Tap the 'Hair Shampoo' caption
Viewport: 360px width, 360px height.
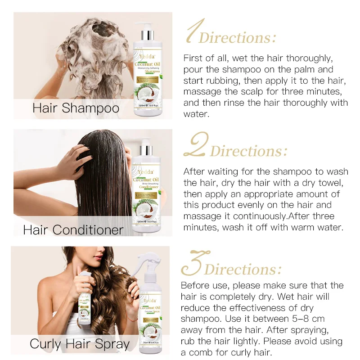coord(76,108)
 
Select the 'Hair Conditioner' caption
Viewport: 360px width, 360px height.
coord(73,229)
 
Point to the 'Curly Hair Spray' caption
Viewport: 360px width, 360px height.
coord(80,344)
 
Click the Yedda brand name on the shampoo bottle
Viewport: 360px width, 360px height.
coord(148,56)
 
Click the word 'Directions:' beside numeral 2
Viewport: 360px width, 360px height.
coord(248,151)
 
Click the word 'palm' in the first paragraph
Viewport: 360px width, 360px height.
coord(311,69)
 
